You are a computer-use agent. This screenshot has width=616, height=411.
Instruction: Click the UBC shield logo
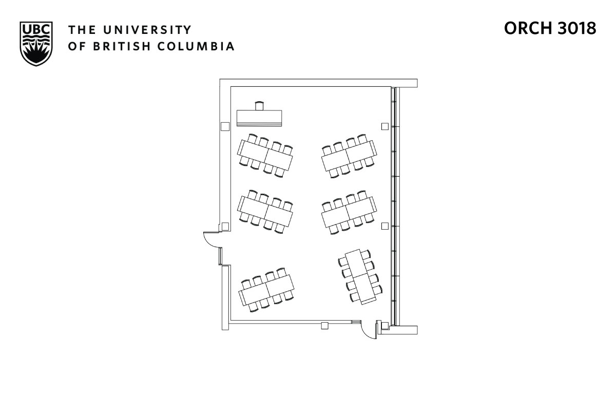point(36,43)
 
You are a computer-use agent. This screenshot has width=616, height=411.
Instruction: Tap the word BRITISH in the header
point(117,46)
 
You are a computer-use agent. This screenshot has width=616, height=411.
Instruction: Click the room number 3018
point(576,29)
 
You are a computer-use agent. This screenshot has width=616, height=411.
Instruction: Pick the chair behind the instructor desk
point(259,106)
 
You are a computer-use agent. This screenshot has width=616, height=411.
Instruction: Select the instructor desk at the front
point(259,118)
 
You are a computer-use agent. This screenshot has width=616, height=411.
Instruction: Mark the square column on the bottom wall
point(324,325)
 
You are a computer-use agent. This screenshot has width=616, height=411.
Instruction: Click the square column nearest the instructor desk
point(225,126)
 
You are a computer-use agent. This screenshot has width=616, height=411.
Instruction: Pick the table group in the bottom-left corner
point(266,290)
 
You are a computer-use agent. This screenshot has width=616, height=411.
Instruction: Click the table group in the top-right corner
point(350,156)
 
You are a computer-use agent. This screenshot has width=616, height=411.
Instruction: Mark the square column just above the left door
point(225,226)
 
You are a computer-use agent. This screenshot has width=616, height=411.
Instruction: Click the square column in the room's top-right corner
point(384,126)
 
